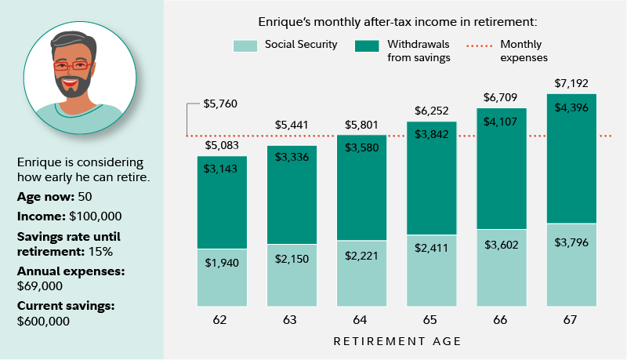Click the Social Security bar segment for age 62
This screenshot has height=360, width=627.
pyautogui.click(x=221, y=278)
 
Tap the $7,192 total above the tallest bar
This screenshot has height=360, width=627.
pyautogui.click(x=571, y=83)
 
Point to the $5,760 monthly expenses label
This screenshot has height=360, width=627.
pyautogui.click(x=219, y=104)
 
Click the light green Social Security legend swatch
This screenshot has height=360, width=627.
pyautogui.click(x=245, y=45)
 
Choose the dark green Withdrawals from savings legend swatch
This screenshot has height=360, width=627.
pyautogui.click(x=367, y=45)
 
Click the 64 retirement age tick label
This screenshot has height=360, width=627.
pyautogui.click(x=361, y=319)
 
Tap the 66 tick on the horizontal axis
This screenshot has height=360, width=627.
pyautogui.click(x=502, y=319)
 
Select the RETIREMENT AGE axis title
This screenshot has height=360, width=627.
pyautogui.click(x=397, y=341)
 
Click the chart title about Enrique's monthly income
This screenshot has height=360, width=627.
pyautogui.click(x=397, y=21)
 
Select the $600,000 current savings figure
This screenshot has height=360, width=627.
pyautogui.click(x=43, y=321)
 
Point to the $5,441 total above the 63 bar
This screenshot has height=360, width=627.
pyautogui.click(x=292, y=125)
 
